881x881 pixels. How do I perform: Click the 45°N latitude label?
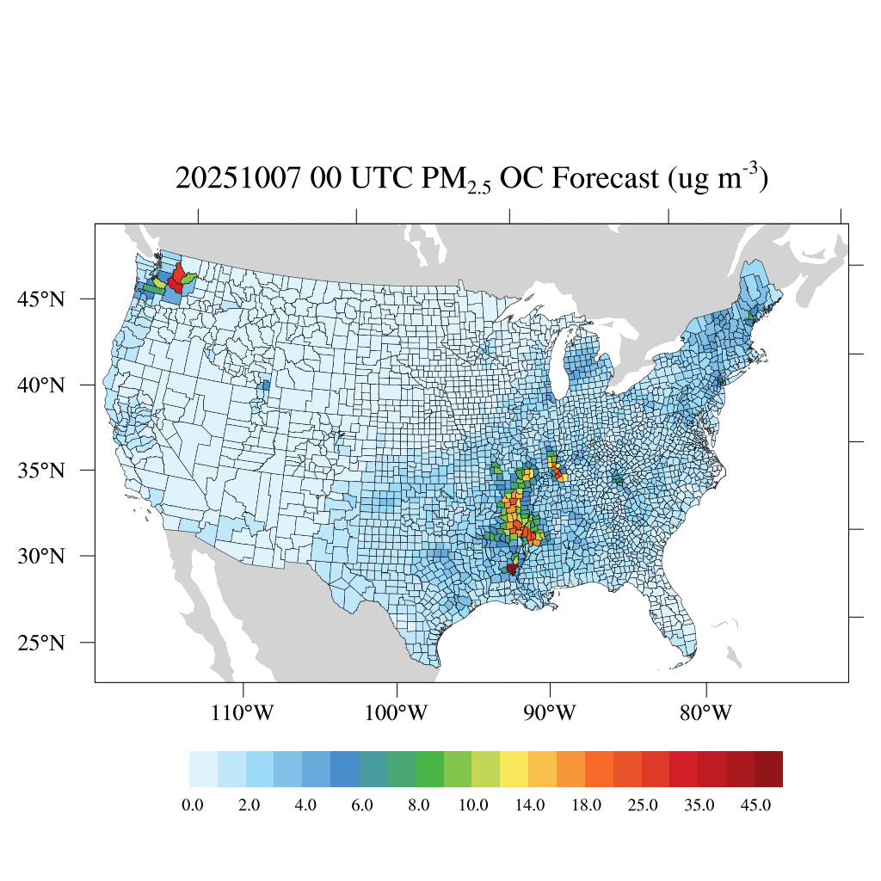pyautogui.click(x=42, y=299)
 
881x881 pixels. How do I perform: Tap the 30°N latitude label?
pyautogui.click(x=42, y=556)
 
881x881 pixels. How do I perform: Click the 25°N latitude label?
pyautogui.click(x=42, y=643)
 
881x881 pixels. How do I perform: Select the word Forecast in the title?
pyautogui.click(x=605, y=180)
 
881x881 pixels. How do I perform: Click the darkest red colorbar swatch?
pyautogui.click(x=768, y=769)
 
